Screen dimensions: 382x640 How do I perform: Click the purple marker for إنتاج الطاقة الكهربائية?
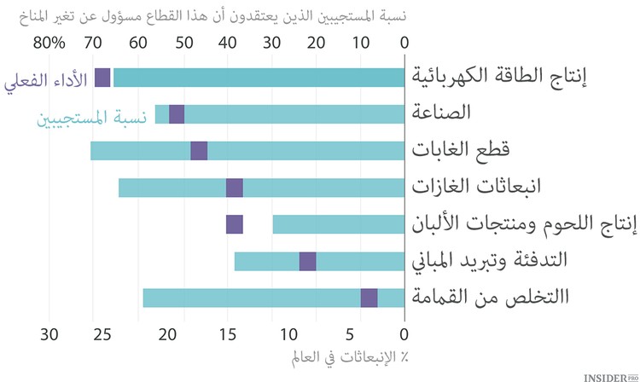pyautogui.click(x=103, y=77)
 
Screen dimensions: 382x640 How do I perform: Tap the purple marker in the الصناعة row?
pyautogui.click(x=177, y=113)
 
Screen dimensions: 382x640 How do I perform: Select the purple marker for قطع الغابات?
pyautogui.click(x=199, y=151)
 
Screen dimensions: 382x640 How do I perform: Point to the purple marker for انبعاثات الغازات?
pyautogui.click(x=235, y=188)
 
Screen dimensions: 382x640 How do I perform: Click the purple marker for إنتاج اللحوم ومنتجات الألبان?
pyautogui.click(x=235, y=224)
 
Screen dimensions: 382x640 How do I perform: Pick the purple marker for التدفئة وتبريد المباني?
pyautogui.click(x=308, y=261)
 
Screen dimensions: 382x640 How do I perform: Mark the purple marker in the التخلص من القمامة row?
pyautogui.click(x=369, y=298)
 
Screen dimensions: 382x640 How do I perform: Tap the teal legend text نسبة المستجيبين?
pyautogui.click(x=90, y=117)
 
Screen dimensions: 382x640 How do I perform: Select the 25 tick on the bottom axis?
pyautogui.click(x=109, y=333)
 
